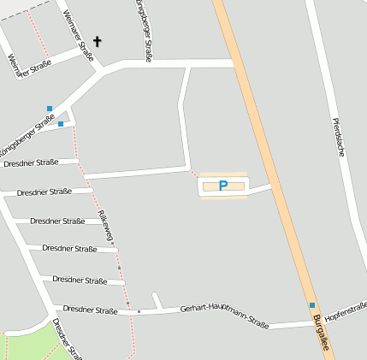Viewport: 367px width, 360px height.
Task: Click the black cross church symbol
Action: (97, 40)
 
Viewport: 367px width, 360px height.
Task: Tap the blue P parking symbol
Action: (223, 185)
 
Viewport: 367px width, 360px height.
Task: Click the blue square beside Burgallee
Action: (312, 305)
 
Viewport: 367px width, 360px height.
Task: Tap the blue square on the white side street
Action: (61, 124)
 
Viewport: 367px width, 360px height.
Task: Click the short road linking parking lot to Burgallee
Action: (259, 188)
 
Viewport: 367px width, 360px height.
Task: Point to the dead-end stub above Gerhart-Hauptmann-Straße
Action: (157, 300)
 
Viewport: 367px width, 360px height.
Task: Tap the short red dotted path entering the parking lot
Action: (194, 174)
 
